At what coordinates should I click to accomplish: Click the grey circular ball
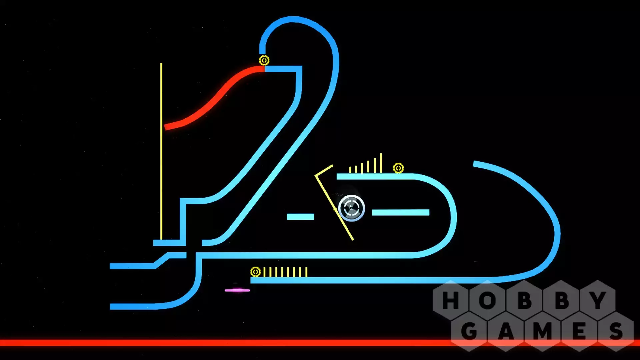click(x=351, y=208)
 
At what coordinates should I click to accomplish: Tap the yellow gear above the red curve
click(x=264, y=60)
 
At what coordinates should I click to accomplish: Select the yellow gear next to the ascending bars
click(x=398, y=168)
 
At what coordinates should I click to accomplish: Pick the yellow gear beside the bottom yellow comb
click(x=255, y=272)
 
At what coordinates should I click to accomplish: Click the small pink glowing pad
click(x=237, y=290)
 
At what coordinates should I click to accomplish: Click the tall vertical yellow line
click(x=161, y=150)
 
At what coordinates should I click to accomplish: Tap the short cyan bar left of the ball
click(x=300, y=217)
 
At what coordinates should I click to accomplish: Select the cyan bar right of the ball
click(x=400, y=213)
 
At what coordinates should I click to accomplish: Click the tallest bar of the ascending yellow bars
click(x=381, y=163)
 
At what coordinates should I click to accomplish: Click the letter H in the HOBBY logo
click(x=451, y=300)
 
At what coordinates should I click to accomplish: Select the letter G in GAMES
click(x=469, y=331)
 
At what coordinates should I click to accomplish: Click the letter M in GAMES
click(x=542, y=331)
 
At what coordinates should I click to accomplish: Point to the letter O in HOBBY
click(x=487, y=300)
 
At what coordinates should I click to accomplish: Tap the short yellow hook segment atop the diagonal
click(x=324, y=170)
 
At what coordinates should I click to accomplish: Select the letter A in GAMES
click(x=506, y=331)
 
